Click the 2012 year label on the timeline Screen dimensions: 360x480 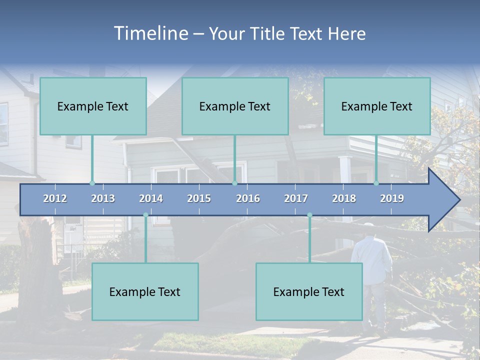pyautogui.click(x=55, y=198)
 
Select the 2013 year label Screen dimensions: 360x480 pyautogui.click(x=103, y=198)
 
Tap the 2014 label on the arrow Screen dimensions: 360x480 pyautogui.click(x=151, y=198)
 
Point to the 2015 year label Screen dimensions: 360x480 pyautogui.click(x=199, y=198)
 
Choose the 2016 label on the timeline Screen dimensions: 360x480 pyautogui.click(x=248, y=198)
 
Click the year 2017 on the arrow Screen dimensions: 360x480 pyautogui.click(x=296, y=198)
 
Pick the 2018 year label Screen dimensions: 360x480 pyautogui.click(x=344, y=198)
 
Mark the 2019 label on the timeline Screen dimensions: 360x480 pyautogui.click(x=392, y=198)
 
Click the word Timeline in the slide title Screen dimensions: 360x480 pyautogui.click(x=150, y=33)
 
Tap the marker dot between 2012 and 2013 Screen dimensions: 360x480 pyautogui.click(x=92, y=183)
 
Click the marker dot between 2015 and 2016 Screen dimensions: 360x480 pyautogui.click(x=234, y=183)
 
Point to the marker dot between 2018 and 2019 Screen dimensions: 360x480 pyautogui.click(x=376, y=183)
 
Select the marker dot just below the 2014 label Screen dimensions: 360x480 pyautogui.click(x=145, y=215)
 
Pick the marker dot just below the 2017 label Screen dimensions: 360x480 pyautogui.click(x=309, y=215)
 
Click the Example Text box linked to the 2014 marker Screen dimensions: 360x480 pyautogui.click(x=145, y=291)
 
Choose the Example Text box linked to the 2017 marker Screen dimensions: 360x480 pyautogui.click(x=309, y=291)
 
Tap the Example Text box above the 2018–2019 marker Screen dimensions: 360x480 pyautogui.click(x=377, y=106)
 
